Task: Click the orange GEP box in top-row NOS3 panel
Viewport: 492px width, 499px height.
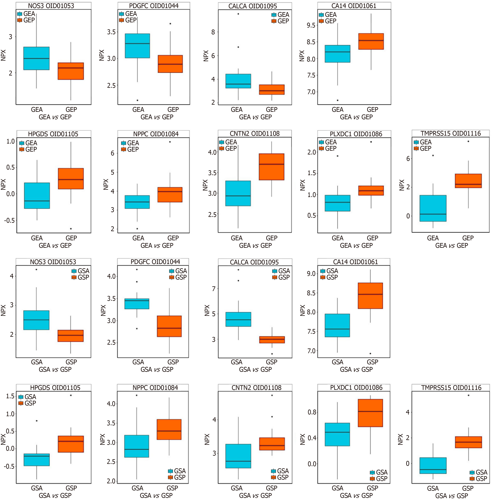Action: (x=71, y=71)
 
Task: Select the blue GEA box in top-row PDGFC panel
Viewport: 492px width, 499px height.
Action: (x=137, y=46)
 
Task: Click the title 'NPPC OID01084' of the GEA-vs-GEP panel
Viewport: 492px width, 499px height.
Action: (x=156, y=134)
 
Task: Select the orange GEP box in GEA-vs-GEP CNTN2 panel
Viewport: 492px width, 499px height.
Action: (x=271, y=167)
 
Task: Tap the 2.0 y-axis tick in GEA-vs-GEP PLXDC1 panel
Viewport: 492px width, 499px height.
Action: (x=312, y=152)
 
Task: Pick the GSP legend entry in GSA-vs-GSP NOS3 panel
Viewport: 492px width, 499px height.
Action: (x=80, y=277)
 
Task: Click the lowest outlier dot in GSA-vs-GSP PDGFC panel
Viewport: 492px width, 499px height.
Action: (x=137, y=329)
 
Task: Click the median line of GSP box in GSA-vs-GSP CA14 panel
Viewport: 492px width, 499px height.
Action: (x=370, y=294)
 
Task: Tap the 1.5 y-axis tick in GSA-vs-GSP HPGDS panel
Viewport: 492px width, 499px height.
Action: (x=10, y=396)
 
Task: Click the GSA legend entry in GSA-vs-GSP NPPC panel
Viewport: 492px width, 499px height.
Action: (x=177, y=471)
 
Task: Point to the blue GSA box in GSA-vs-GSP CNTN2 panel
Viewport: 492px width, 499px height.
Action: (x=238, y=456)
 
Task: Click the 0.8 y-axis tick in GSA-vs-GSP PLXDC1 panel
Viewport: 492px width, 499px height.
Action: (x=312, y=412)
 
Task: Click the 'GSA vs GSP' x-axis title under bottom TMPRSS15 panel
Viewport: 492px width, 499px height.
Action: (x=451, y=495)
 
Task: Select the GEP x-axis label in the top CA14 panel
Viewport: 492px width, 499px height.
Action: (x=372, y=110)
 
